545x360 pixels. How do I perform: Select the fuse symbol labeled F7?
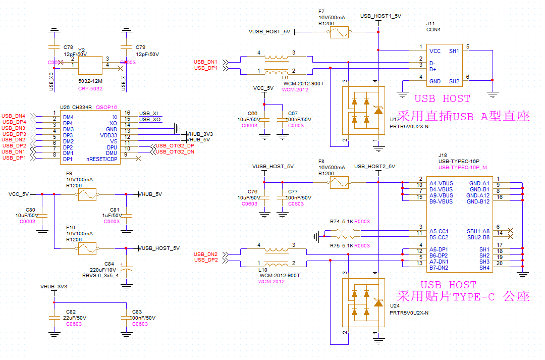point(339,33)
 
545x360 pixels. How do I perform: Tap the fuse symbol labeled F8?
point(339,182)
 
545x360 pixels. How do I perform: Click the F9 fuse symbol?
point(87,194)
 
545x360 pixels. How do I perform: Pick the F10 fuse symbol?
point(87,248)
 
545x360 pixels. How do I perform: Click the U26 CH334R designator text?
point(76,107)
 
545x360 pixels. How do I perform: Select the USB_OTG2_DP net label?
point(175,145)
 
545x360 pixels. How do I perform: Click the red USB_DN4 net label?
point(14,116)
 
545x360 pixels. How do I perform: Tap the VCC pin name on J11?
point(434,51)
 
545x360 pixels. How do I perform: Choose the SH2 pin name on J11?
point(454,81)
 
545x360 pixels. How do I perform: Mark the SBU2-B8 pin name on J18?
point(478,237)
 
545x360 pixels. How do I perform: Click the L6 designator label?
point(286,78)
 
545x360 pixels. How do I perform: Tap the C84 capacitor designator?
point(110,264)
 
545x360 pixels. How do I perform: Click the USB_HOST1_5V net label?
point(380,16)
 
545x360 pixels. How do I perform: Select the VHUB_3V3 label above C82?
point(53,286)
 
